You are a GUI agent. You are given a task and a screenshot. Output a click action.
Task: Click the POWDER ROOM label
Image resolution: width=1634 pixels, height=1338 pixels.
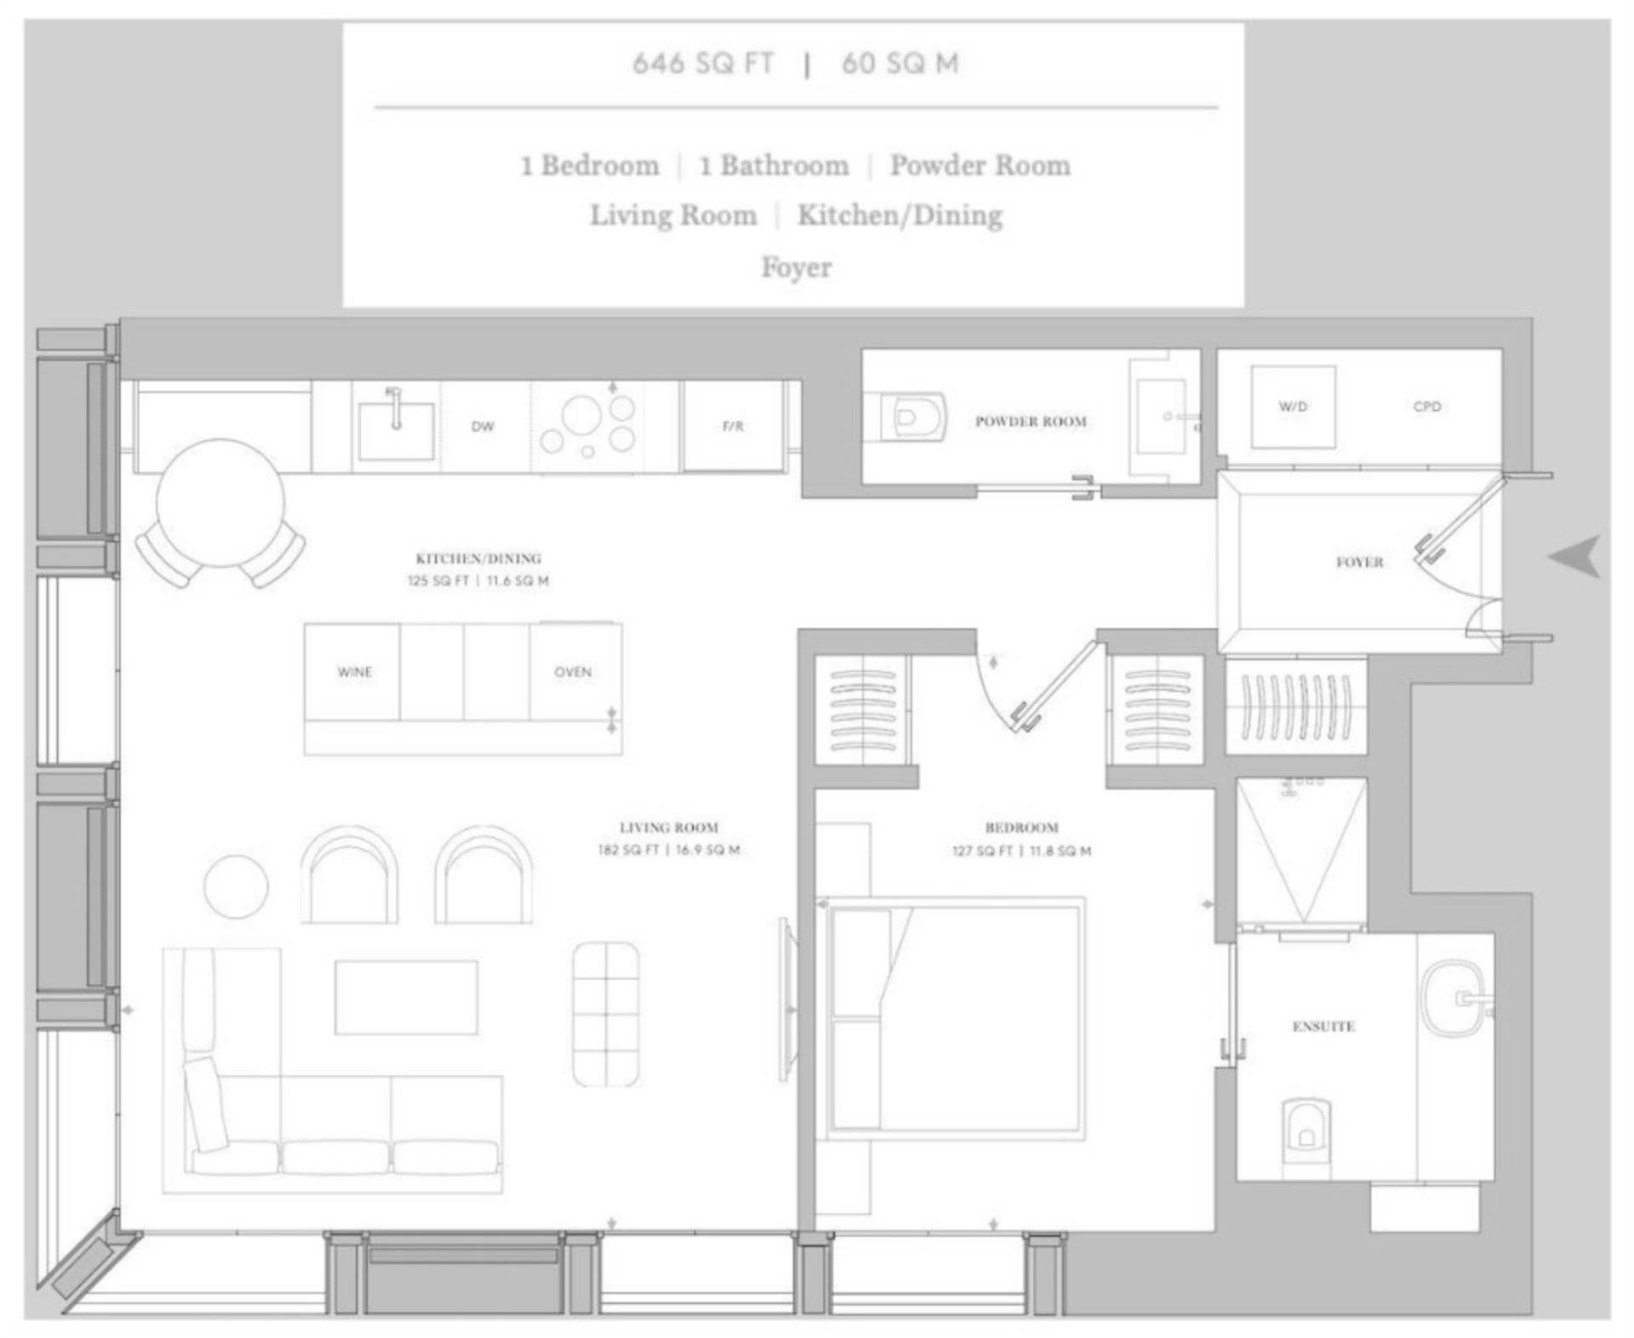pyautogui.click(x=1031, y=421)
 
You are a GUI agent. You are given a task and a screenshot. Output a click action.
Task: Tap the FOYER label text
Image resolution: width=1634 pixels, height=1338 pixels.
pyautogui.click(x=1359, y=562)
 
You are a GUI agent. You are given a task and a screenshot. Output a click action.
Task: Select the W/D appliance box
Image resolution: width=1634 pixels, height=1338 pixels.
pyautogui.click(x=1293, y=407)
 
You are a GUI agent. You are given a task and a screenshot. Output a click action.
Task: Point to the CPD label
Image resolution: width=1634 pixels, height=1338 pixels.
pyautogui.click(x=1427, y=407)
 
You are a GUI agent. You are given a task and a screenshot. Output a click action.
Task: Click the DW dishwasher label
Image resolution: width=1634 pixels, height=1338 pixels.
pyautogui.click(x=483, y=426)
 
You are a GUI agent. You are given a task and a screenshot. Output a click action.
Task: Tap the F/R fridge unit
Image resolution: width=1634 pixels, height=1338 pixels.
pyautogui.click(x=733, y=426)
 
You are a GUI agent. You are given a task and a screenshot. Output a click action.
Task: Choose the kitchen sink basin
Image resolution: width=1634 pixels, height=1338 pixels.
pyautogui.click(x=396, y=431)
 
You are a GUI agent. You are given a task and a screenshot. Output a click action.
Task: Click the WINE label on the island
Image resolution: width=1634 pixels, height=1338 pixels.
pyautogui.click(x=355, y=672)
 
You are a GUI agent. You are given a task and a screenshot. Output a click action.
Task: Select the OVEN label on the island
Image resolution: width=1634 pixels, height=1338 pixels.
pyautogui.click(x=573, y=672)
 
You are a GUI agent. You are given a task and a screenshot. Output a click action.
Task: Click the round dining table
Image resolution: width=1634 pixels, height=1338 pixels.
pyautogui.click(x=220, y=502)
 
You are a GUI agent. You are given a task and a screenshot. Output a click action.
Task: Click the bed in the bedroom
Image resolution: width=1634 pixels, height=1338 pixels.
pyautogui.click(x=951, y=1018)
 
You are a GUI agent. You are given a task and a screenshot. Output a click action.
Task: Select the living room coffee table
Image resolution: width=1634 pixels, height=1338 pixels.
pyautogui.click(x=406, y=998)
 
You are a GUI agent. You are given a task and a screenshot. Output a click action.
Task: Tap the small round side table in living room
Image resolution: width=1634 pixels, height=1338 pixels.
pyautogui.click(x=236, y=887)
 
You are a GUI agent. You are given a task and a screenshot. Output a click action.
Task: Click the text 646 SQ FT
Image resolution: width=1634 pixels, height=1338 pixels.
pyautogui.click(x=703, y=63)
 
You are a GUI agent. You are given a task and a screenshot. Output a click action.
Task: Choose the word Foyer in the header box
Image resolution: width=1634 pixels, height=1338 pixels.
pyautogui.click(x=797, y=267)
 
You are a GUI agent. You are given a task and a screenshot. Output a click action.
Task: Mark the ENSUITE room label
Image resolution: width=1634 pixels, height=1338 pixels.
pyautogui.click(x=1323, y=1026)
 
